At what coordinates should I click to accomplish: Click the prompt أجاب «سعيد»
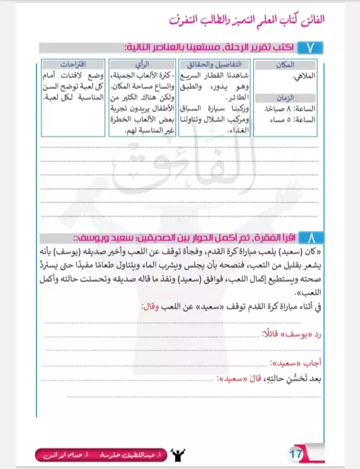tap(294, 363)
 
